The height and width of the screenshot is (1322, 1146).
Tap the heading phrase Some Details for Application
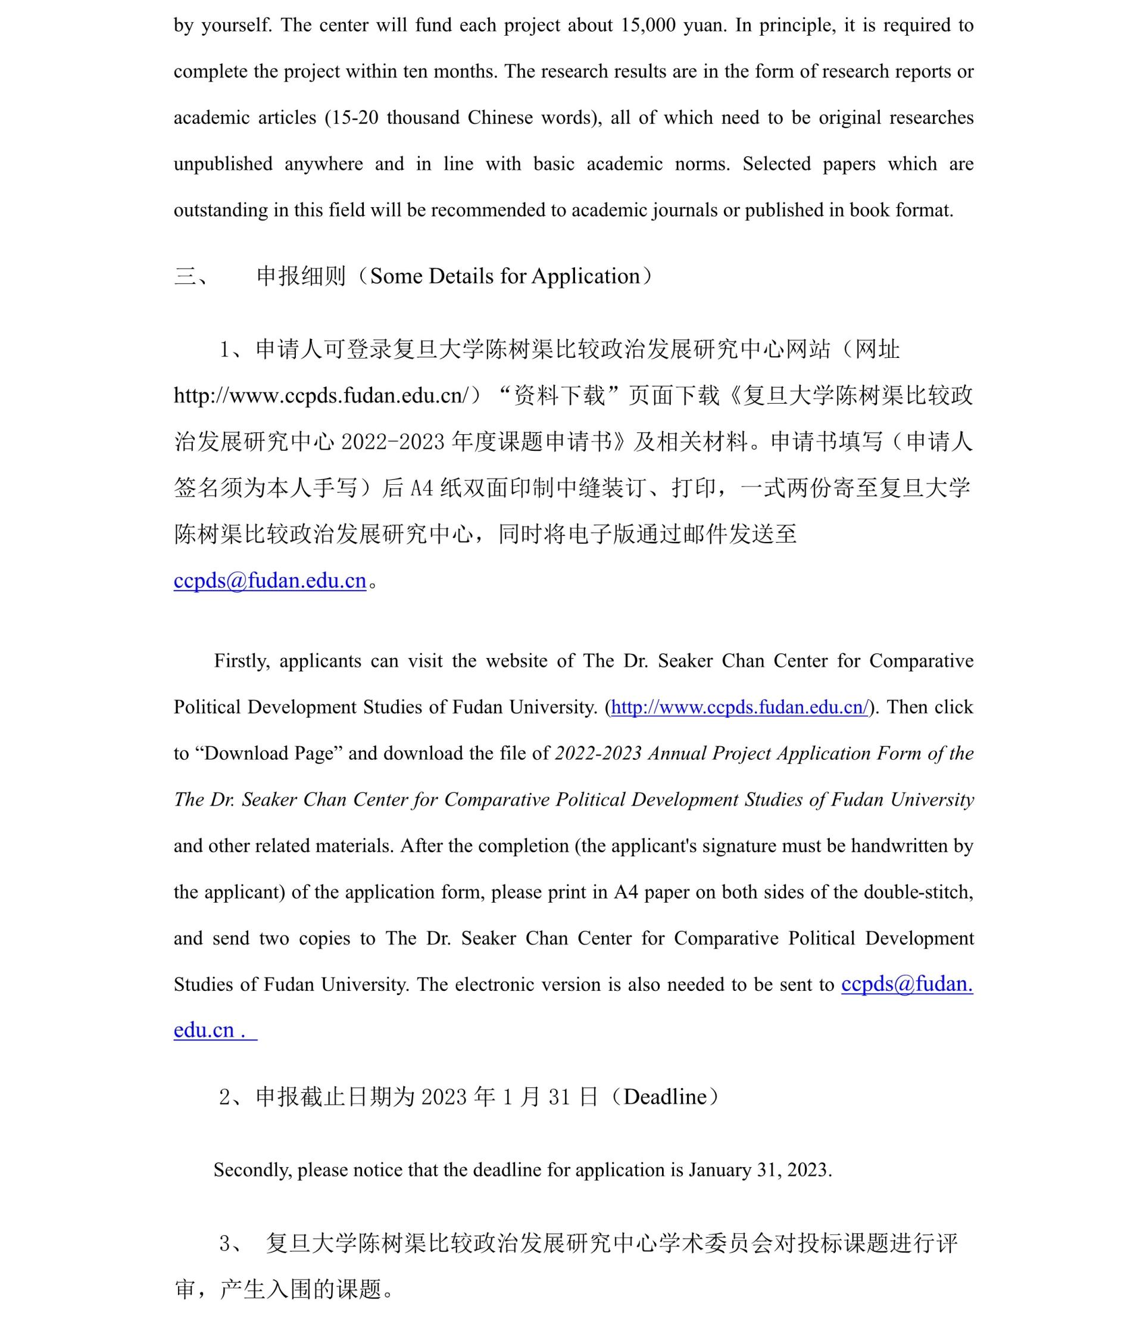(x=505, y=276)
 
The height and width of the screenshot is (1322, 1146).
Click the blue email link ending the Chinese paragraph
(x=270, y=580)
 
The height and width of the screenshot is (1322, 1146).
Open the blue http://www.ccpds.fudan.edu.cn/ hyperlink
(x=740, y=707)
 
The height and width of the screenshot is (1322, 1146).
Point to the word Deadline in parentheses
(x=666, y=1097)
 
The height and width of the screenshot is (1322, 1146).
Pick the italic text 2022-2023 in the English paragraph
(x=598, y=753)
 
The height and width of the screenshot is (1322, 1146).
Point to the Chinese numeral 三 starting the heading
(x=186, y=277)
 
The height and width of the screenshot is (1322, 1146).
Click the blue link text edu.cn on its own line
(x=204, y=1030)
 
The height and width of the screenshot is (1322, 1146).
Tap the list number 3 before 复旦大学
(x=225, y=1244)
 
